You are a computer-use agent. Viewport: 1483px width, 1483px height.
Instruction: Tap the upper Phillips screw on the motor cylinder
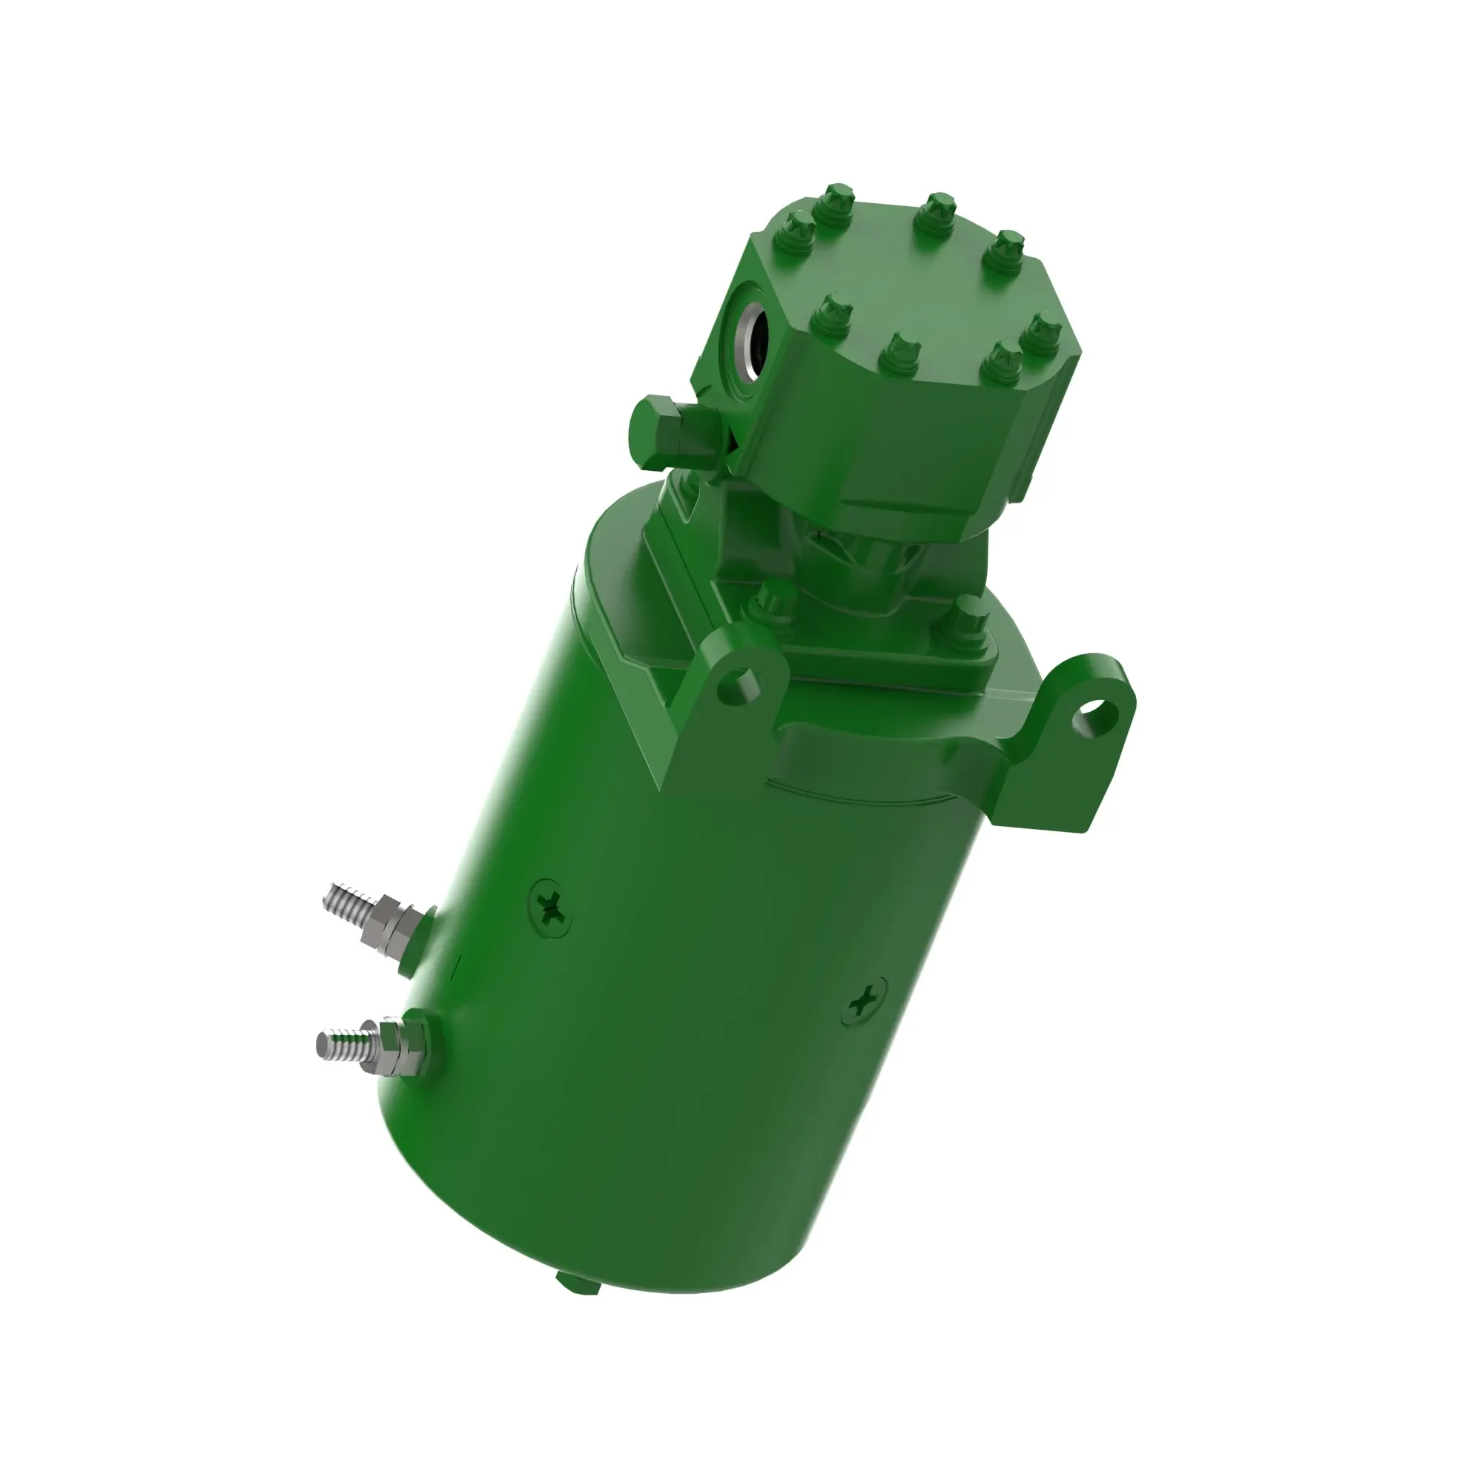pyautogui.click(x=551, y=910)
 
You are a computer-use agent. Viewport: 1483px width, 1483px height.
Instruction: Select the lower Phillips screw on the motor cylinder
pyautogui.click(x=866, y=1001)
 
